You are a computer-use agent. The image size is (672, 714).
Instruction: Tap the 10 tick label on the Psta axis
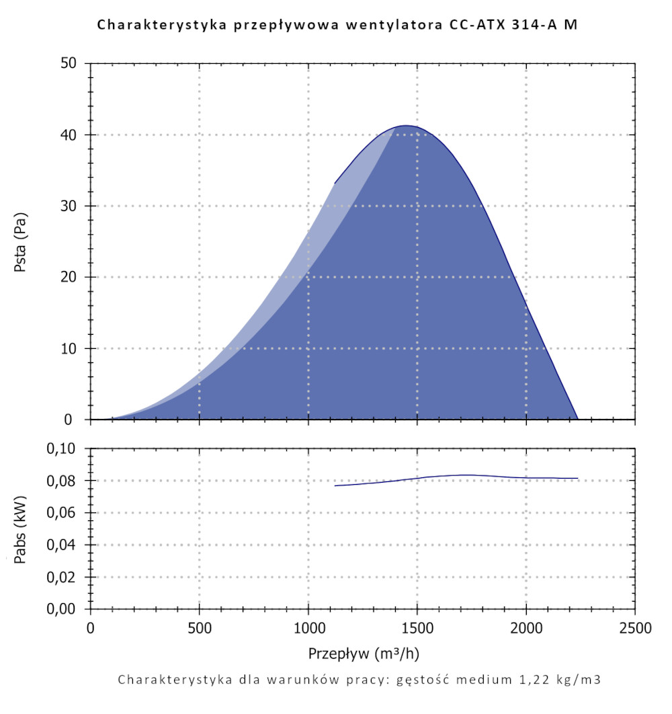(x=72, y=348)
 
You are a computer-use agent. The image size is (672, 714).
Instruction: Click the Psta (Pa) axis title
(x=21, y=241)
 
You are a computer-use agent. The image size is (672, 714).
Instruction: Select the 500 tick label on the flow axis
(x=200, y=629)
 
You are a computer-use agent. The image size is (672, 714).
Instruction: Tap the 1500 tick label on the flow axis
(x=417, y=629)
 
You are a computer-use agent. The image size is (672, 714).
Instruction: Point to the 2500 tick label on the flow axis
(x=635, y=629)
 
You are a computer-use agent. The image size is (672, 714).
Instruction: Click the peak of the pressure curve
(x=406, y=126)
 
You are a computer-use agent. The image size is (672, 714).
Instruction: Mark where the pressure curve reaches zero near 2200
(x=577, y=419)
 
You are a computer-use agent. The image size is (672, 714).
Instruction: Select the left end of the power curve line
(x=335, y=485)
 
